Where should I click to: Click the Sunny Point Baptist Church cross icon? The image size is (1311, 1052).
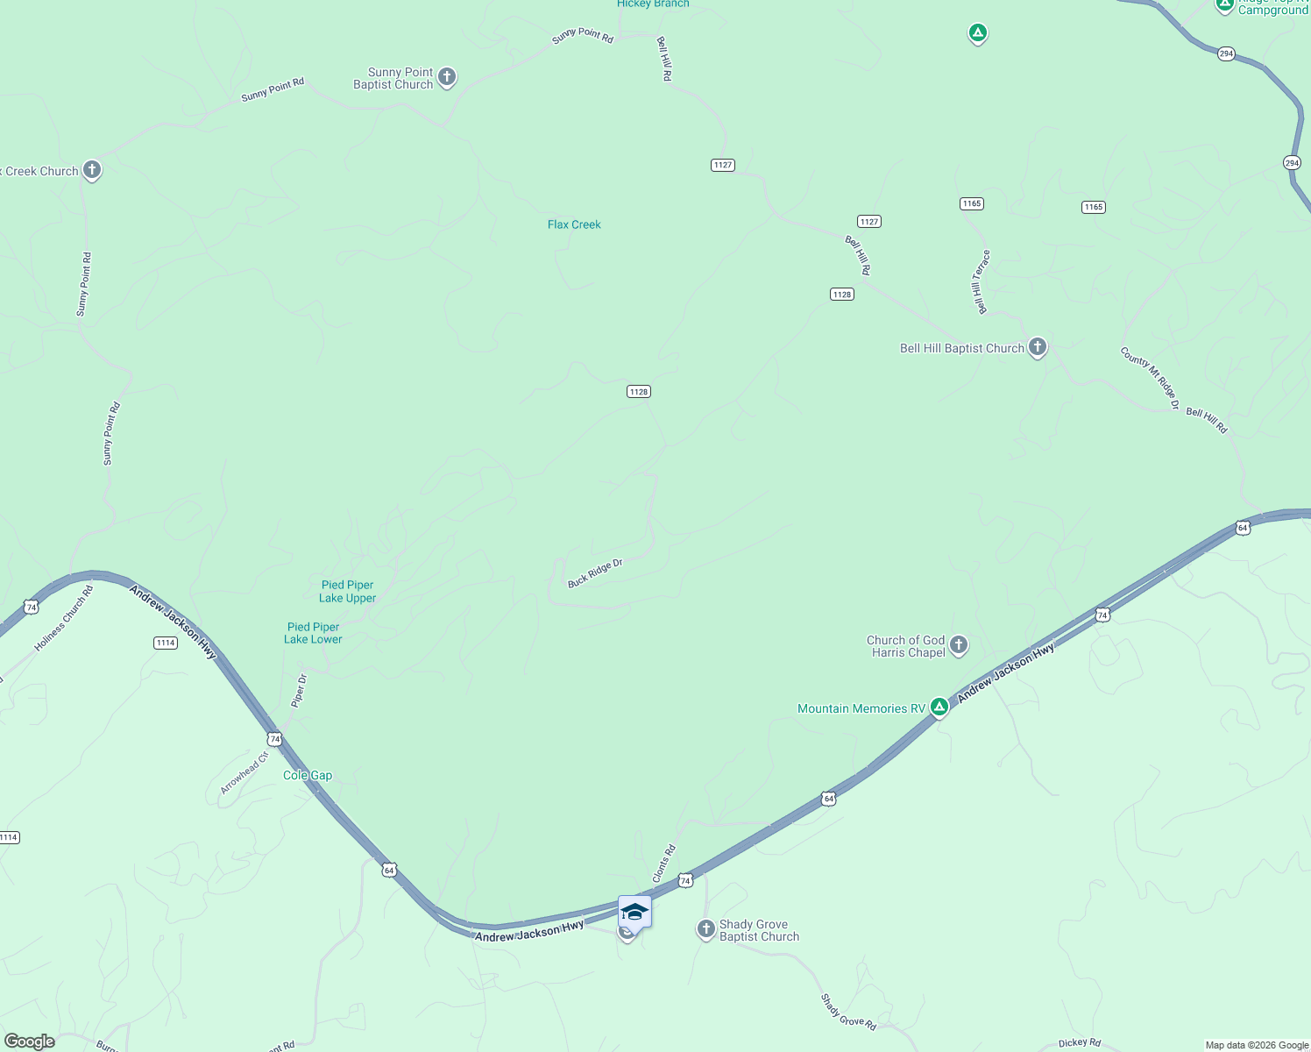(447, 77)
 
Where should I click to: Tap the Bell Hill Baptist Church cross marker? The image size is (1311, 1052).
(1038, 347)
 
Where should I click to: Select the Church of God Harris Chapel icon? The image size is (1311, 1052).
(959, 646)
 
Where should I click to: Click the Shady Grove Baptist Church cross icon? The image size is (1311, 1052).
(706, 929)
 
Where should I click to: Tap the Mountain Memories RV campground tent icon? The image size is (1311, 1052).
(939, 707)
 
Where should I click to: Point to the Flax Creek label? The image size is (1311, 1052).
(574, 224)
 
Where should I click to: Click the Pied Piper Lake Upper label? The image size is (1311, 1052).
(348, 592)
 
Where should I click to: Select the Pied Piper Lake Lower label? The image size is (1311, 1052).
(313, 633)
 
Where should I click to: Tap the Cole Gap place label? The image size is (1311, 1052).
(308, 775)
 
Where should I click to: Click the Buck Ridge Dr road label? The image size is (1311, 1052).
(595, 572)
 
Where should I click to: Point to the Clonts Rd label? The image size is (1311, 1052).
(664, 864)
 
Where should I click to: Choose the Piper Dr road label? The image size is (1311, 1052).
(299, 691)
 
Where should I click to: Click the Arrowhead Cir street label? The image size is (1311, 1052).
(244, 772)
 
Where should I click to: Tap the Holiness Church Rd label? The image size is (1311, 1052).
(64, 619)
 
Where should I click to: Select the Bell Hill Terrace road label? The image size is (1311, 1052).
(981, 281)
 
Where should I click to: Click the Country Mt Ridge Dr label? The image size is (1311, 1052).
(1150, 378)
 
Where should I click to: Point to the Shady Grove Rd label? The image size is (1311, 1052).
(848, 1012)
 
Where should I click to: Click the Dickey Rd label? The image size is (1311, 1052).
(1079, 1042)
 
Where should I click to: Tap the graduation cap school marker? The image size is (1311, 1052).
(634, 913)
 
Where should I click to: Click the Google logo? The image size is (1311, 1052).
(30, 1041)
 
